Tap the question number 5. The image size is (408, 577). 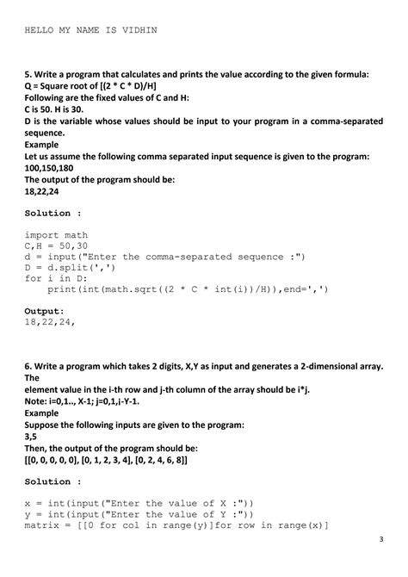click(28, 75)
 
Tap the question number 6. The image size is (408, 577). click(28, 366)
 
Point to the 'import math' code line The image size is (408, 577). click(56, 234)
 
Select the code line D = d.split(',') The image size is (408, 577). click(71, 267)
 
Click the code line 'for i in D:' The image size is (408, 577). click(57, 278)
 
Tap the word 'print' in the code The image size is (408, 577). click(62, 289)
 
